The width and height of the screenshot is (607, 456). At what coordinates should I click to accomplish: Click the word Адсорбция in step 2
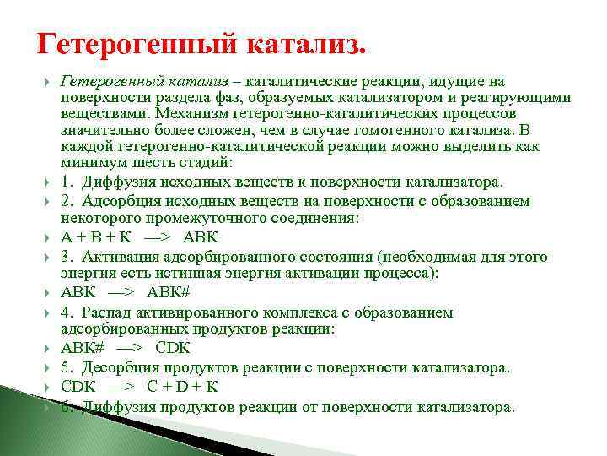tap(119, 202)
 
